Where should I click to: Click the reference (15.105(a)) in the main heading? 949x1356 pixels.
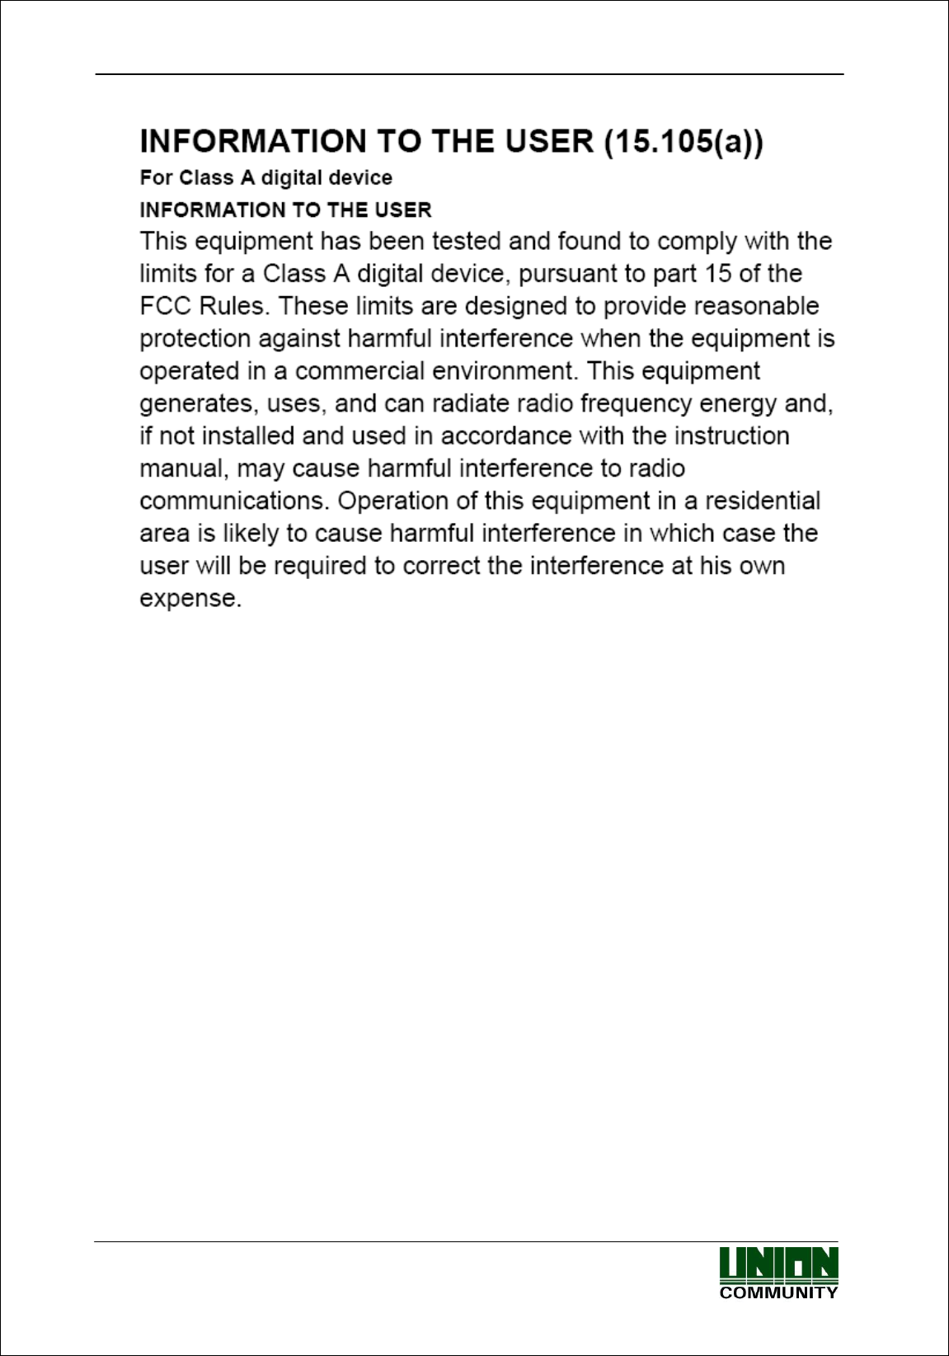tap(684, 142)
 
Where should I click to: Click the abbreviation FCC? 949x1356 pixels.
tap(166, 306)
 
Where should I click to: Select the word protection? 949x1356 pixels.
tap(195, 339)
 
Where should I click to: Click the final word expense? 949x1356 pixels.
tap(190, 599)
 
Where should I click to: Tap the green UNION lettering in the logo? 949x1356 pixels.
tap(778, 1265)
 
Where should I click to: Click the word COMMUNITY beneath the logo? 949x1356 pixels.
tap(778, 1292)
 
